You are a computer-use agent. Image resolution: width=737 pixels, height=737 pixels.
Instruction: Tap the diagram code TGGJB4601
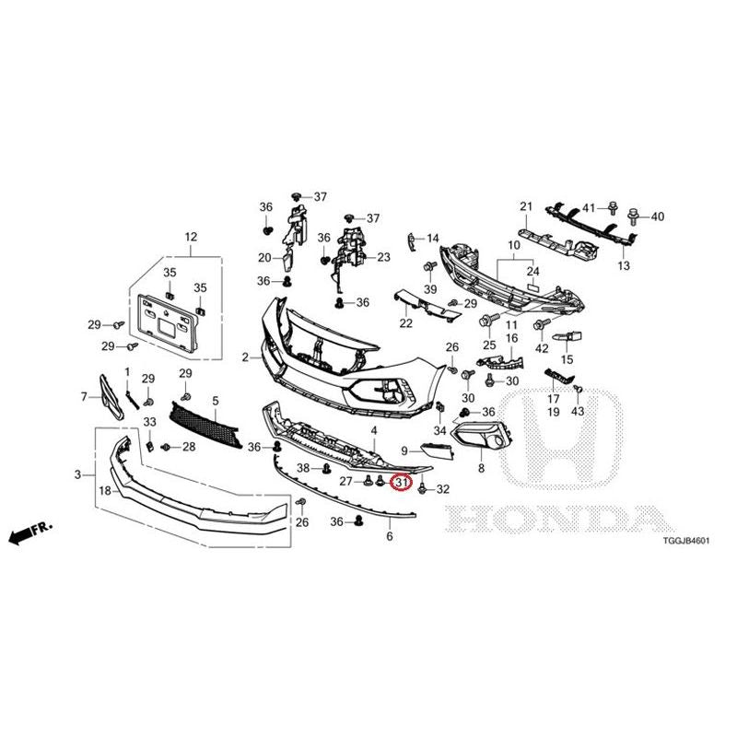tap(685, 541)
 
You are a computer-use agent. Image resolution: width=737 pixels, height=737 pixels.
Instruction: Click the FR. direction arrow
tap(30, 532)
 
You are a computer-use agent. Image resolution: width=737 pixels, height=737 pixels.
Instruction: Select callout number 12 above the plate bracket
tap(191, 237)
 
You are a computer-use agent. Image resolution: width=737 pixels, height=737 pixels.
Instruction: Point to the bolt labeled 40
tap(634, 216)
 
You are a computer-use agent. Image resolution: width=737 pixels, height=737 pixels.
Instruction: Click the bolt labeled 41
tap(613, 208)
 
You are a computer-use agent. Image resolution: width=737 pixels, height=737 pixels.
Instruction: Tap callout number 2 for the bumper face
tap(245, 357)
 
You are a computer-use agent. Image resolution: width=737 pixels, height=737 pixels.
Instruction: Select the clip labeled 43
tap(579, 388)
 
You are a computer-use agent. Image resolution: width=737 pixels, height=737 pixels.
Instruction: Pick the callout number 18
tap(105, 491)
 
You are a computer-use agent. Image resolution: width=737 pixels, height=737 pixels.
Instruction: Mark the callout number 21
tap(526, 205)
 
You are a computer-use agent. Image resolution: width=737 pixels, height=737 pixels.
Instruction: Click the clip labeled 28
tap(166, 447)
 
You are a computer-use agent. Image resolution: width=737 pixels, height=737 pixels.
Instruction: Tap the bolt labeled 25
tap(485, 322)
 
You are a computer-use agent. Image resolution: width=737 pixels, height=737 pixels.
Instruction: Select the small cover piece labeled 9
tap(437, 450)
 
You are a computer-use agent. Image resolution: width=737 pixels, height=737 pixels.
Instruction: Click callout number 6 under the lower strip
tap(390, 536)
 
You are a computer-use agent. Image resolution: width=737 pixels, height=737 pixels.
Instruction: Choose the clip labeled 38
tap(326, 469)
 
